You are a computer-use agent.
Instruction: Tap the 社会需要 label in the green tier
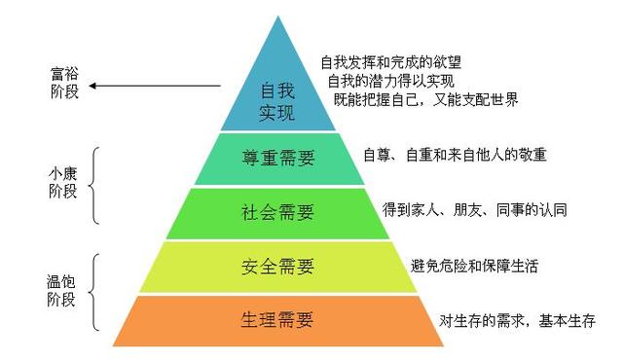pyautogui.click(x=277, y=212)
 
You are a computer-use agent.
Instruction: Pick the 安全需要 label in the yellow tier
pyautogui.click(x=277, y=266)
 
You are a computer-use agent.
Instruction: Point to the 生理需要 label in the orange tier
pyautogui.click(x=277, y=321)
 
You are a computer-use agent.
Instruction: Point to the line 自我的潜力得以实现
pyautogui.click(x=390, y=81)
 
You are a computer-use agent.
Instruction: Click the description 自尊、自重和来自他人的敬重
pyautogui.click(x=455, y=155)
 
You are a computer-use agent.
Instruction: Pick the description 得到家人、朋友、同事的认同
pyautogui.click(x=476, y=210)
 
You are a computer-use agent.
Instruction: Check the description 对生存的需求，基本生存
pyautogui.click(x=517, y=321)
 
